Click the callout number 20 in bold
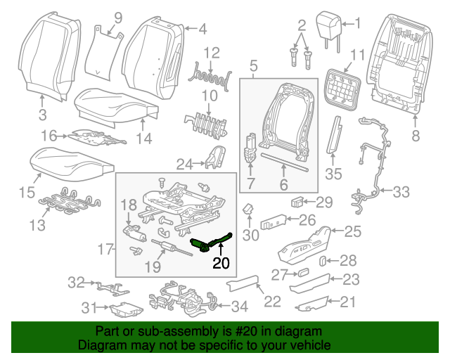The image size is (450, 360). coord(221,264)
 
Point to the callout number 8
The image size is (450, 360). coord(415,136)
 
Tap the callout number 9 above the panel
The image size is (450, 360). coord(117,17)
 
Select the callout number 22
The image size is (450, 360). coord(271,302)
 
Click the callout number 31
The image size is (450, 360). coord(89,308)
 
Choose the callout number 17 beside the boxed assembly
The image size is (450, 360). coord(105,248)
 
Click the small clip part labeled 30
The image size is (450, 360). coord(248,209)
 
